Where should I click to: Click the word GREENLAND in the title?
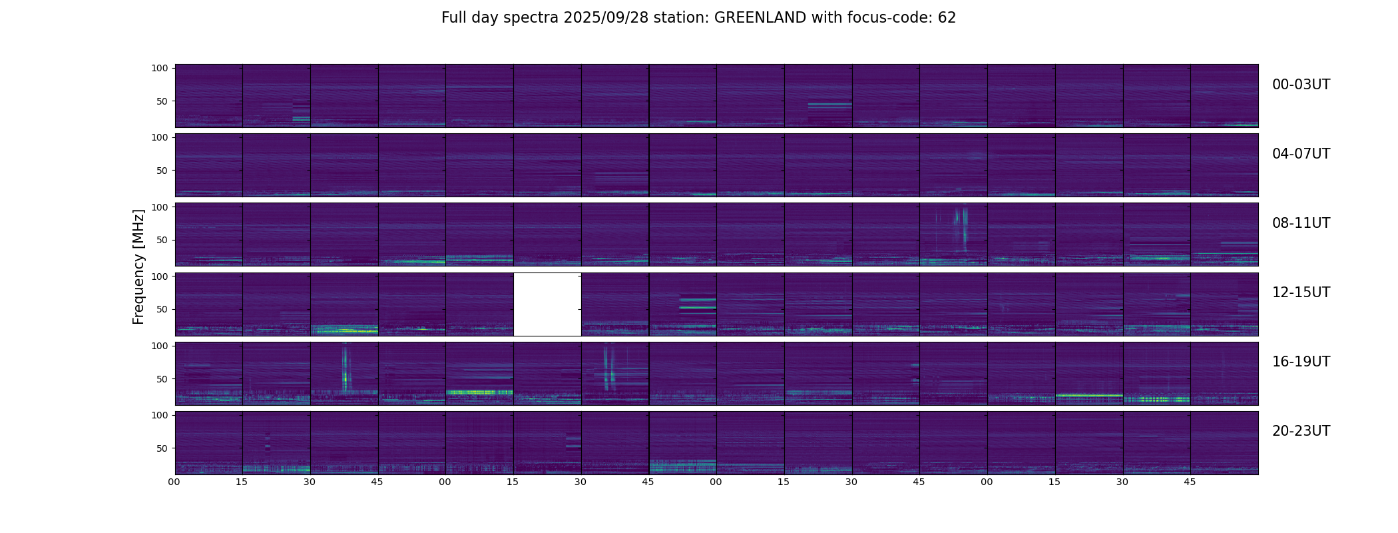coord(760,18)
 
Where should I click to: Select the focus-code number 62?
coord(947,18)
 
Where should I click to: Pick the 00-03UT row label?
coord(1301,85)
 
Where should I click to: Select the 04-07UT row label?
coord(1301,154)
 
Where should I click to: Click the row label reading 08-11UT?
coord(1301,223)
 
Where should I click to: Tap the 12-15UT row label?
coord(1301,292)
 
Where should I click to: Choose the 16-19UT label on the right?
coord(1301,362)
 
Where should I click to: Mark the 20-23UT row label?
coord(1301,431)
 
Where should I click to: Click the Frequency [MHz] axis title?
coord(138,266)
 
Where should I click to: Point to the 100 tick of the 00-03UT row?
coord(160,68)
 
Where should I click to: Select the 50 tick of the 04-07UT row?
coord(162,171)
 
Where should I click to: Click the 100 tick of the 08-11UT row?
coord(160,207)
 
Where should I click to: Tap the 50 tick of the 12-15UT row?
coord(162,309)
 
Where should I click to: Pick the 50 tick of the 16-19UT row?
coord(162,379)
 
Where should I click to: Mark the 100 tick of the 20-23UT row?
coord(160,415)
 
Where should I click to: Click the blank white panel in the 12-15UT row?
coord(547,304)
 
